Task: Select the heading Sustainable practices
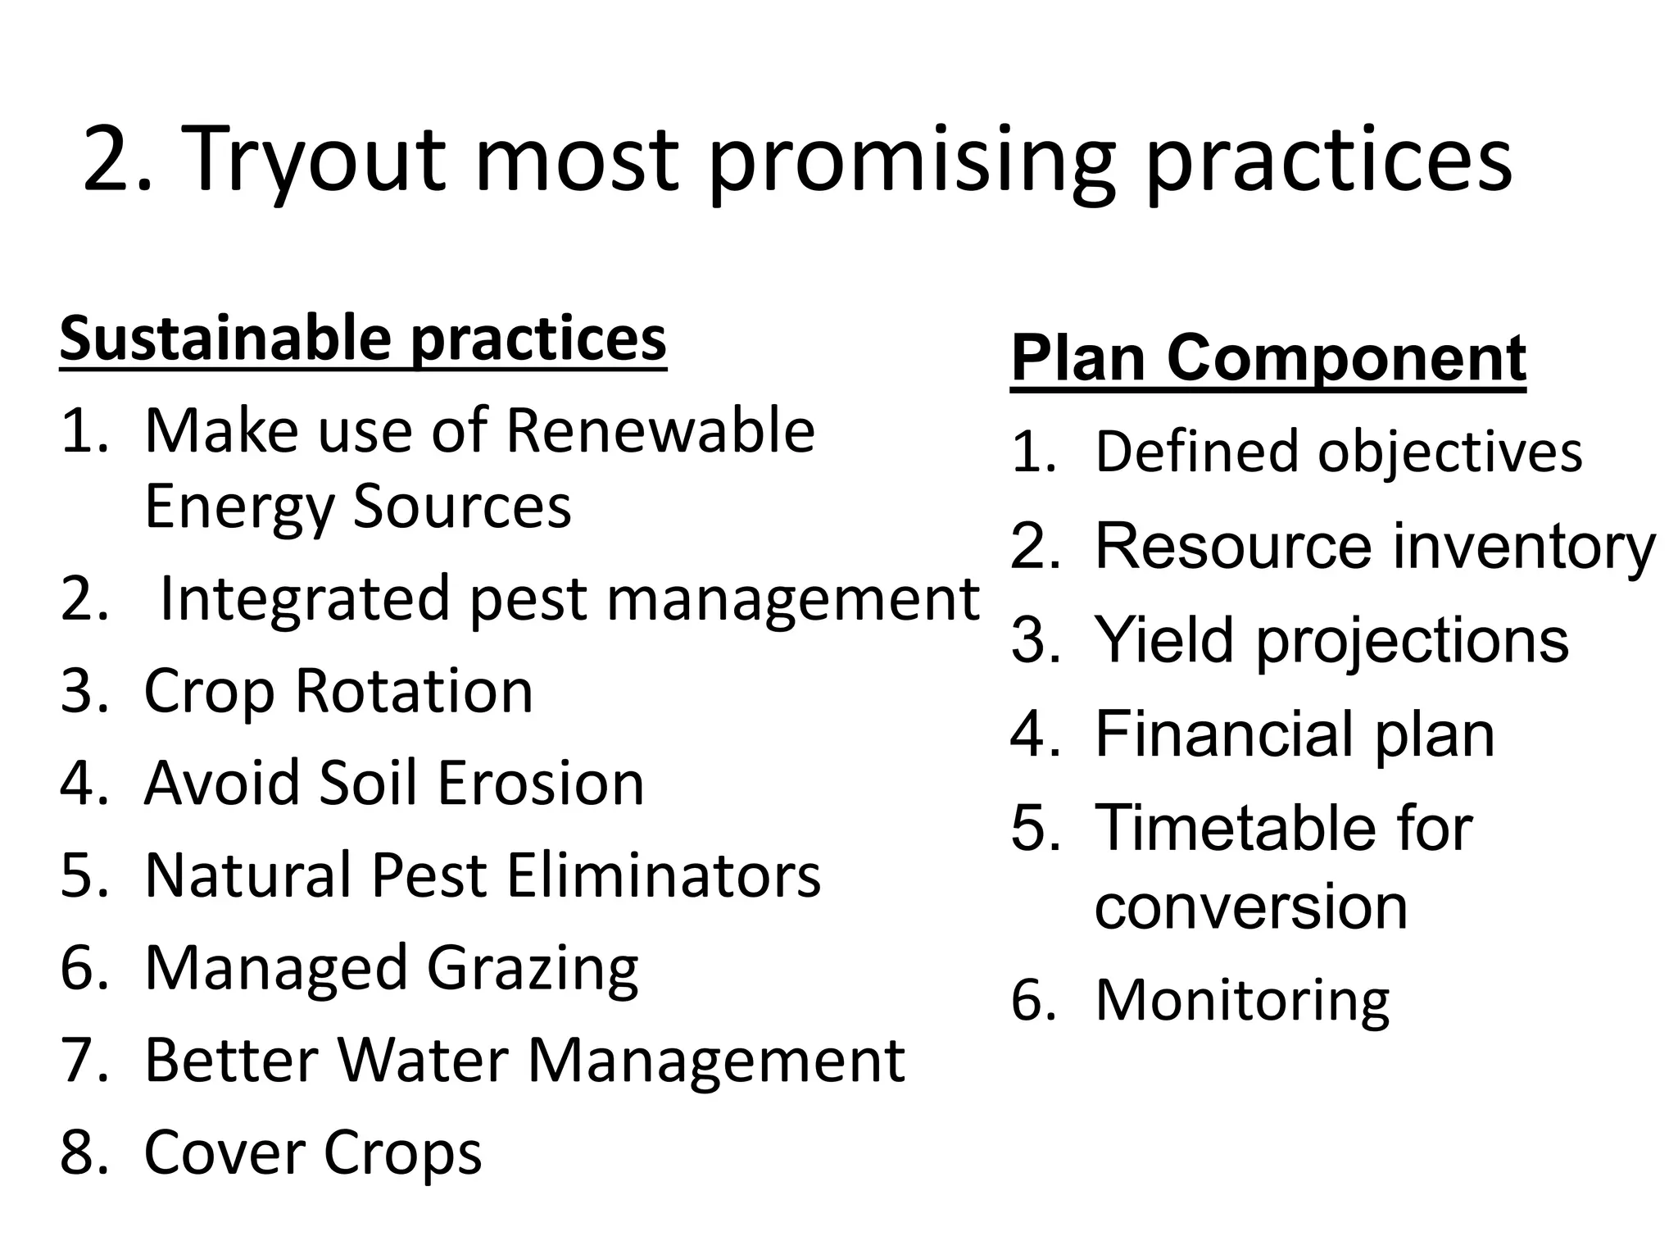(363, 339)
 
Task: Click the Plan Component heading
(1268, 358)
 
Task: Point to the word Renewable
(660, 431)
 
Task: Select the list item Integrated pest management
(569, 599)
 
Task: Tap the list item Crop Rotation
(338, 691)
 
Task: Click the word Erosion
(541, 784)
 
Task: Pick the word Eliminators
(663, 875)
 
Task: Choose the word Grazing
(533, 969)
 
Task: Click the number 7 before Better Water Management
(79, 1061)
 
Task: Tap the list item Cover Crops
(312, 1152)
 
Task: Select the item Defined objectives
(1338, 452)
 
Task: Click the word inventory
(1523, 547)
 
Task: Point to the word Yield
(1163, 640)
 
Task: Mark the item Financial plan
(1295, 734)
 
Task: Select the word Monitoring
(1242, 1001)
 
